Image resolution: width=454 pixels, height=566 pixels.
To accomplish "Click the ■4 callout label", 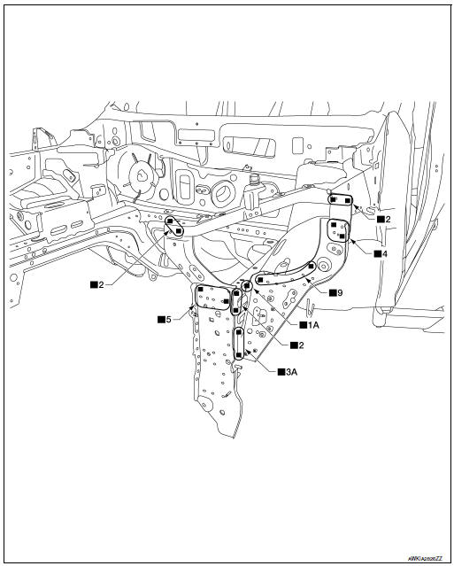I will click(x=379, y=253).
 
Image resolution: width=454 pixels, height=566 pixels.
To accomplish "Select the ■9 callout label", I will click(x=335, y=291).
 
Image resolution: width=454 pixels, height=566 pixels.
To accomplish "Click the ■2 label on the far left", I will click(x=96, y=283).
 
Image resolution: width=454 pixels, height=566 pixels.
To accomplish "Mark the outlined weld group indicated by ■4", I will click(x=339, y=231).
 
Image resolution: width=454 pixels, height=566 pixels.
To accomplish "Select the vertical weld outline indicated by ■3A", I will click(x=240, y=343).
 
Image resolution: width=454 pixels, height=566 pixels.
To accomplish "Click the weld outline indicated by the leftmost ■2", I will click(x=174, y=225).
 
